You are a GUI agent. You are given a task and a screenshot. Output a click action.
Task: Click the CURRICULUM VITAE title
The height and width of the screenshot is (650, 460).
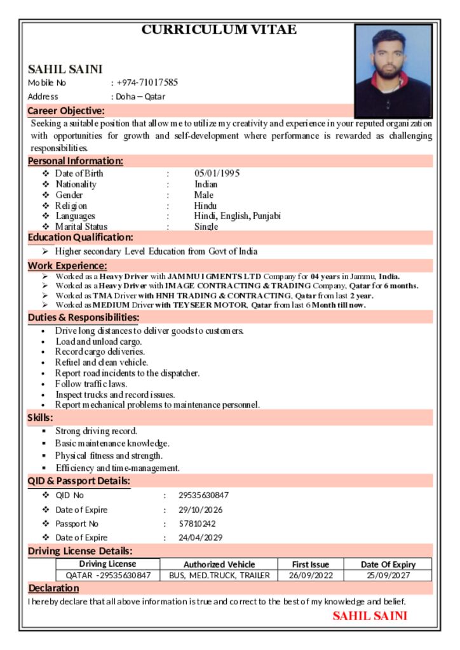click(219, 30)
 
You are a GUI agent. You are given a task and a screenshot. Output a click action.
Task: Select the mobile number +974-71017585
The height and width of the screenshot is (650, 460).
click(147, 83)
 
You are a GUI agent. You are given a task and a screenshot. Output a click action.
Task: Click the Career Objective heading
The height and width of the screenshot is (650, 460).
click(66, 111)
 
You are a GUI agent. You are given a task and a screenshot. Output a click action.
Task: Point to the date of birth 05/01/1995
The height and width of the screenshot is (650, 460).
click(217, 173)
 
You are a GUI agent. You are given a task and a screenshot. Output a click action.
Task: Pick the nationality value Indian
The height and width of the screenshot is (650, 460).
click(206, 184)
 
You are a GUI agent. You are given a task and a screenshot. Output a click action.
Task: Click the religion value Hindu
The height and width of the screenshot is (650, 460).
click(205, 206)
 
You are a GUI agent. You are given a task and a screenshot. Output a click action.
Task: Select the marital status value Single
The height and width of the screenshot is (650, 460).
click(206, 227)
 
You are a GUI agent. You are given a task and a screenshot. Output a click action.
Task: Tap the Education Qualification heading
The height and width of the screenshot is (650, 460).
click(80, 237)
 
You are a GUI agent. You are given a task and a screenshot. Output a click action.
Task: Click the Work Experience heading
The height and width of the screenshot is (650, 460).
click(67, 265)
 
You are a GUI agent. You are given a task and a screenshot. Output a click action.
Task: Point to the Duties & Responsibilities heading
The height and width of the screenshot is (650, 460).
click(83, 317)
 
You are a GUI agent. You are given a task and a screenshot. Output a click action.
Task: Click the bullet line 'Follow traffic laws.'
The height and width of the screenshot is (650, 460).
click(91, 383)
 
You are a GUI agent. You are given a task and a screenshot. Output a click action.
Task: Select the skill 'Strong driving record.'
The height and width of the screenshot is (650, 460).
click(96, 431)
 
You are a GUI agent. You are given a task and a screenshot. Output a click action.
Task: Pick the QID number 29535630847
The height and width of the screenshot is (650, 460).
click(203, 495)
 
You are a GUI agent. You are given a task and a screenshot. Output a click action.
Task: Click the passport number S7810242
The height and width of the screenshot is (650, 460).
click(197, 524)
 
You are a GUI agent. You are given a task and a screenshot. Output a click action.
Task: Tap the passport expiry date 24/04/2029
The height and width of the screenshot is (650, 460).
click(201, 538)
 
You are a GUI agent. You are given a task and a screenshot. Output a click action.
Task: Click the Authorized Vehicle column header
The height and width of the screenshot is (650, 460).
click(219, 564)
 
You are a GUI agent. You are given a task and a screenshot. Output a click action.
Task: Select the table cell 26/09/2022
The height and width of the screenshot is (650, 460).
click(311, 576)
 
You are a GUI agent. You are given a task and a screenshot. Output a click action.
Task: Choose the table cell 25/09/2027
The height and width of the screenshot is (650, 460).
click(388, 576)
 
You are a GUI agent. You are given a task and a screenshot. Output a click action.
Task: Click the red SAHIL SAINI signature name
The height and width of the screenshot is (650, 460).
click(370, 616)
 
